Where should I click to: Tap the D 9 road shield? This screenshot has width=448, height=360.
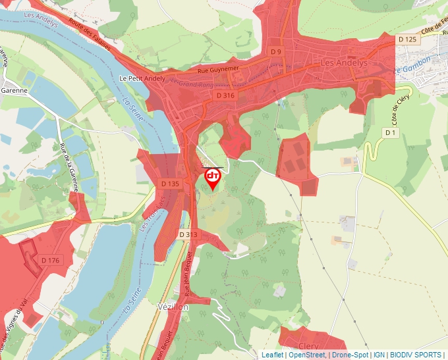pos(276,51)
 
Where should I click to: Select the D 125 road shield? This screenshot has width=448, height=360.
pos(408,39)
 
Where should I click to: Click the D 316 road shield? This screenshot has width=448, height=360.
pos(225,95)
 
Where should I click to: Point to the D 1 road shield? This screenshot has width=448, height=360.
pos(391,133)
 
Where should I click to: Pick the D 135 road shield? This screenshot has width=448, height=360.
pos(169,184)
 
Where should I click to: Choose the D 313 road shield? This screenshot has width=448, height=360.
pos(188,234)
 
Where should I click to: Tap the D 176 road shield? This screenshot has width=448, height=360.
pos(50,261)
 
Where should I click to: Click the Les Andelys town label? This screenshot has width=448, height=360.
pos(343,63)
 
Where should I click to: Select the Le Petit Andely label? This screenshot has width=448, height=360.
pos(142,78)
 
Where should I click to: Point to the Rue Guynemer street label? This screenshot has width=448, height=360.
pos(217,69)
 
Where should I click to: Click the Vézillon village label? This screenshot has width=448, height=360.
pos(173,307)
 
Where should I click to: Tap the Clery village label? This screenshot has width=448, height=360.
pos(308,346)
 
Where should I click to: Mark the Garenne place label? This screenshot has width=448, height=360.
pos(14,91)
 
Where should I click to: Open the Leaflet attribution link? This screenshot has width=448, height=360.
pos(272,355)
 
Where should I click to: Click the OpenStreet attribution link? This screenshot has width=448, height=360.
pos(308,355)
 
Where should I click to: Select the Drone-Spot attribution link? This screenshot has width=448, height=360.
pos(350,355)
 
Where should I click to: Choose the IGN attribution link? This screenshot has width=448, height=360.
pos(379,355)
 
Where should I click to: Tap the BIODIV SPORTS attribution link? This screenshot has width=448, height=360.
pos(415,355)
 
